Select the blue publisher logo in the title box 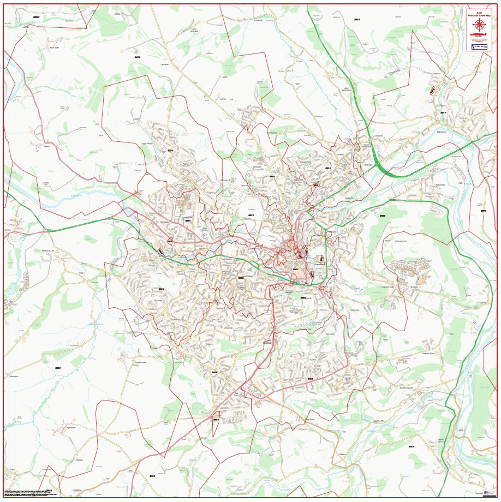pos(479,47)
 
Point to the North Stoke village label pos(53,47)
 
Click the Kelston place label pos(47,146)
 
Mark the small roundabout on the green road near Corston pos(49,231)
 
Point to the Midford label pos(343,454)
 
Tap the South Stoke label pos(311,419)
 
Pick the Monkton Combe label pos(407,387)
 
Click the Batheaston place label pos(441,132)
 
